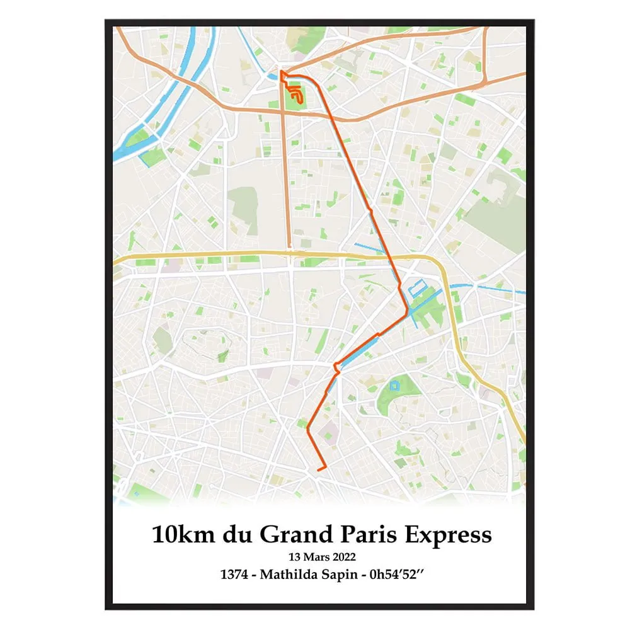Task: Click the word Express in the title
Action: tap(447, 535)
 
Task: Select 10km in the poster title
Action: tap(183, 535)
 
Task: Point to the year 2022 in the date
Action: tap(343, 557)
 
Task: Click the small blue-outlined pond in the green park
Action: tap(394, 385)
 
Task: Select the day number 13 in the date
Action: tap(294, 557)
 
